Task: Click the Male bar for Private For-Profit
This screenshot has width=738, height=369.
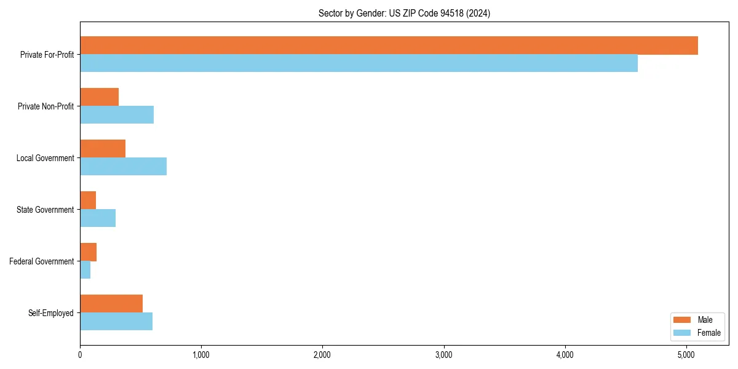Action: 389,46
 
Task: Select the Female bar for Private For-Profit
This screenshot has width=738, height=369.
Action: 359,63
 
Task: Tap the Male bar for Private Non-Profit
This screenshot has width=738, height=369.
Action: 99,97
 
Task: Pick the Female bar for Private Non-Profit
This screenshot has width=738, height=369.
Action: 117,115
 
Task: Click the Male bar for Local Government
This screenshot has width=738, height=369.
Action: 103,149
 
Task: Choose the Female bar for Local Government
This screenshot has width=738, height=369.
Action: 123,167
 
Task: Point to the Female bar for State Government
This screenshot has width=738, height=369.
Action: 98,218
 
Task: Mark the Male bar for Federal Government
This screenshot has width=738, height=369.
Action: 88,252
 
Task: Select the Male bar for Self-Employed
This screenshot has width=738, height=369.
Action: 111,304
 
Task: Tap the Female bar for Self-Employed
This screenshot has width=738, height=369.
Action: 116,322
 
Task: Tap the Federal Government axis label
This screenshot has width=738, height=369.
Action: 42,261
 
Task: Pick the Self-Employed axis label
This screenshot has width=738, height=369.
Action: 51,313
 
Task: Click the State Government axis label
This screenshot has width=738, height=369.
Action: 46,210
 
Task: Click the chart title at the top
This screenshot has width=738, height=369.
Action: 404,13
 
